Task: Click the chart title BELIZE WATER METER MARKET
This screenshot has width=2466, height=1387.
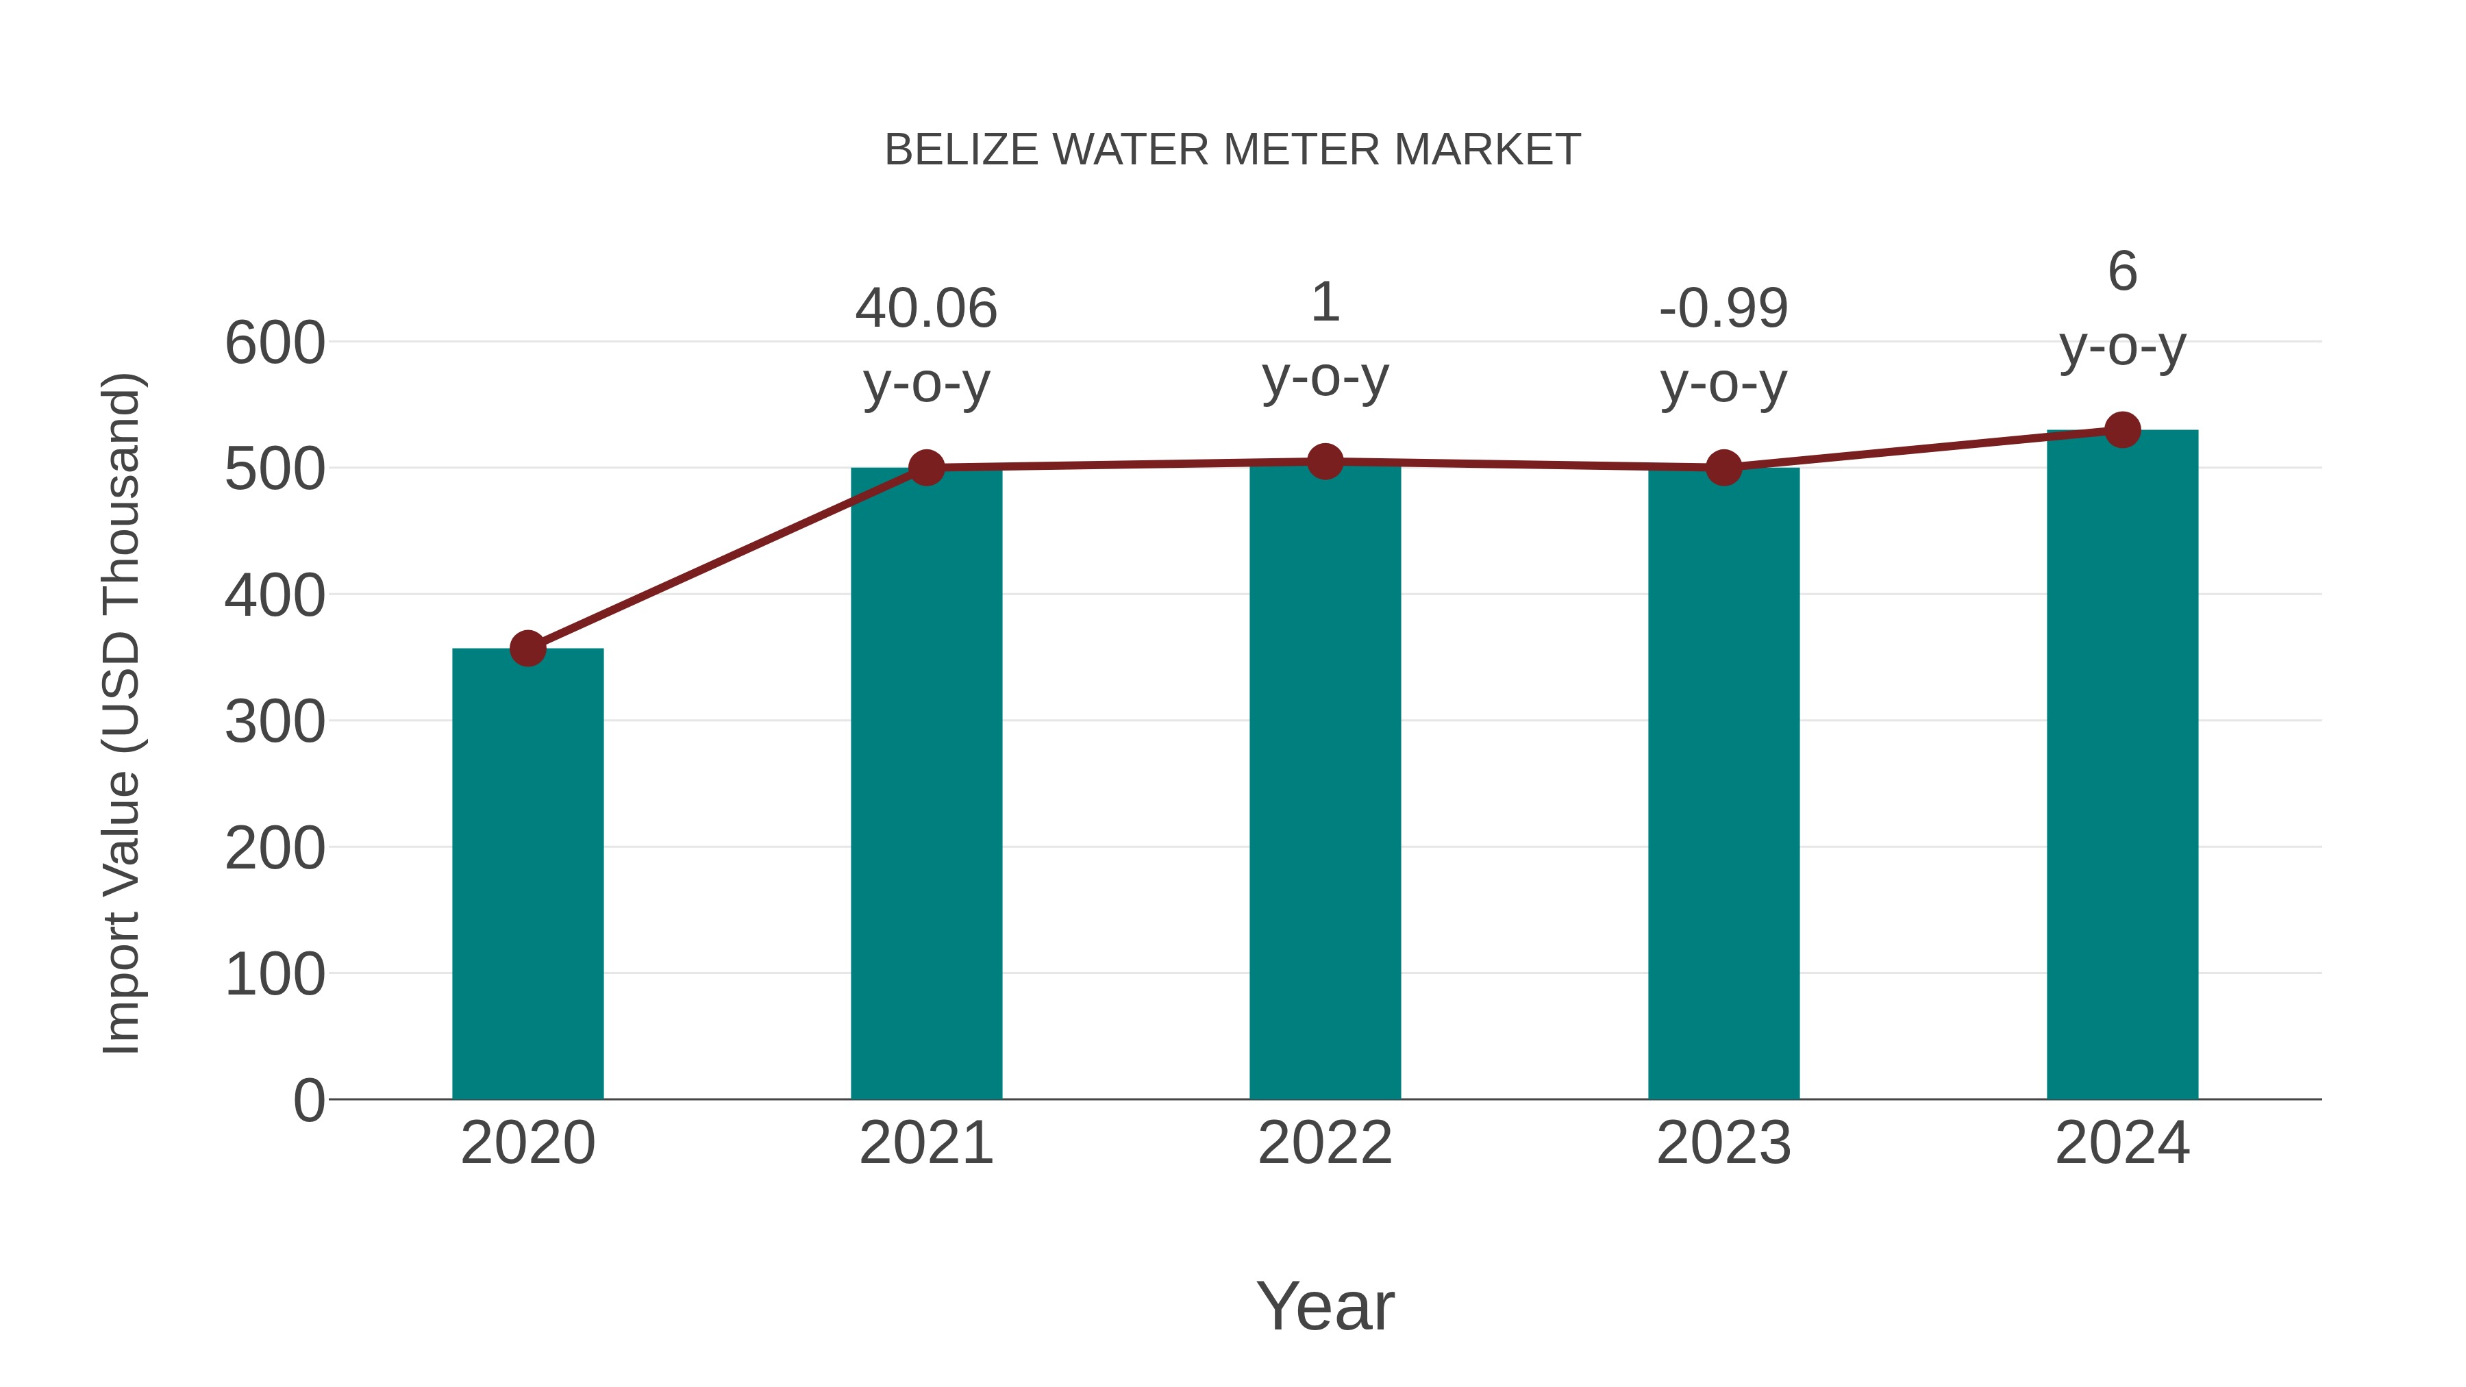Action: click(1232, 150)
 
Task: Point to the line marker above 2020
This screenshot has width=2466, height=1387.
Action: click(527, 649)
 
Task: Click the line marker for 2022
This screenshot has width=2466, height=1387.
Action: click(1325, 462)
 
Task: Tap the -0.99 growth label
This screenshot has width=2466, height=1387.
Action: click(1723, 308)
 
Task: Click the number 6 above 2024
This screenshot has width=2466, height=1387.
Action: click(2122, 272)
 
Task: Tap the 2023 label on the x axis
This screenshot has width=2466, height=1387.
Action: click(1723, 1143)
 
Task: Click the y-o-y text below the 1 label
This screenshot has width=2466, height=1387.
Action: click(1325, 378)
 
